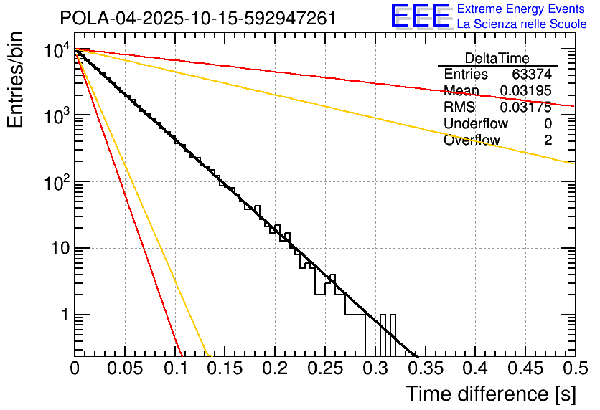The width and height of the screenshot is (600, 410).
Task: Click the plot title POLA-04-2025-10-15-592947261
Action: click(197, 18)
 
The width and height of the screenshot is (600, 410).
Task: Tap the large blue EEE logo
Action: click(419, 16)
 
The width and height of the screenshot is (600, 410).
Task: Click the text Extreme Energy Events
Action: click(522, 9)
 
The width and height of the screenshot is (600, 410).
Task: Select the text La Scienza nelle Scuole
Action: click(522, 24)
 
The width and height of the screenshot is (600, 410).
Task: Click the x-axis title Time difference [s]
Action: click(490, 394)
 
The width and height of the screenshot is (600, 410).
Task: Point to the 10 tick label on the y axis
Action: click(55, 249)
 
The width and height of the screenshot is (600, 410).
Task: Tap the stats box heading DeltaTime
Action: click(497, 58)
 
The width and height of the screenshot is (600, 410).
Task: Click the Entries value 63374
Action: click(532, 75)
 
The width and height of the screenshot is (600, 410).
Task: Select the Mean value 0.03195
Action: click(525, 91)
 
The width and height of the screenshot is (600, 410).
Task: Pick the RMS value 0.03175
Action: click(525, 108)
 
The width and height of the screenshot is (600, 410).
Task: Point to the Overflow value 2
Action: click(548, 140)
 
